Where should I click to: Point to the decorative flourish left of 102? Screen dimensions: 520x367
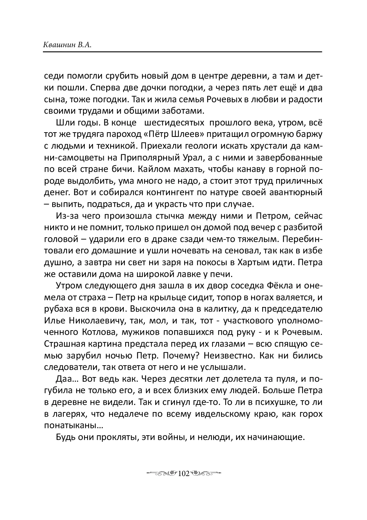coord(161,474)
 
